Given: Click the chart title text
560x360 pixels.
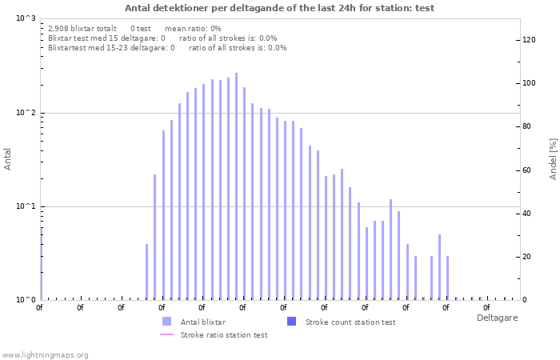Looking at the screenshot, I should [x=279, y=8].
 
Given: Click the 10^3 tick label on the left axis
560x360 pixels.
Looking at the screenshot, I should [x=26, y=18].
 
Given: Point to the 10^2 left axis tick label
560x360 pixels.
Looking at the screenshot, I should [x=26, y=113].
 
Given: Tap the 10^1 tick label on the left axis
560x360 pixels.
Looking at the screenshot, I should [x=26, y=206].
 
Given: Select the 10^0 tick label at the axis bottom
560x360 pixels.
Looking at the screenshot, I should [x=26, y=300].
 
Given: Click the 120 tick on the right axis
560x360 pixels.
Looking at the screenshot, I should [x=529, y=39].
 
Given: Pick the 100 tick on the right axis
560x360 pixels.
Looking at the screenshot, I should [x=529, y=83].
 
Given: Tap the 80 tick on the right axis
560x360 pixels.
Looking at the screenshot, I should [x=527, y=126].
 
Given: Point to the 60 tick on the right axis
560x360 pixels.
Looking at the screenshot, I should [x=527, y=170].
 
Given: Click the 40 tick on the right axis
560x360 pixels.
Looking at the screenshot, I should [x=527, y=214].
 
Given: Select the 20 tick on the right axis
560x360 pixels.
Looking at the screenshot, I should [x=527, y=257].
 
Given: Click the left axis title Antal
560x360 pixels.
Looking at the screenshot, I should [x=8, y=159].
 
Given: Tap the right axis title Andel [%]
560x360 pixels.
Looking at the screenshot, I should [x=553, y=158].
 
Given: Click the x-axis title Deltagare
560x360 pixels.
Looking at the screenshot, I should [x=497, y=318].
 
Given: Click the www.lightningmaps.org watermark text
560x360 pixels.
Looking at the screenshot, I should [x=45, y=354].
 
